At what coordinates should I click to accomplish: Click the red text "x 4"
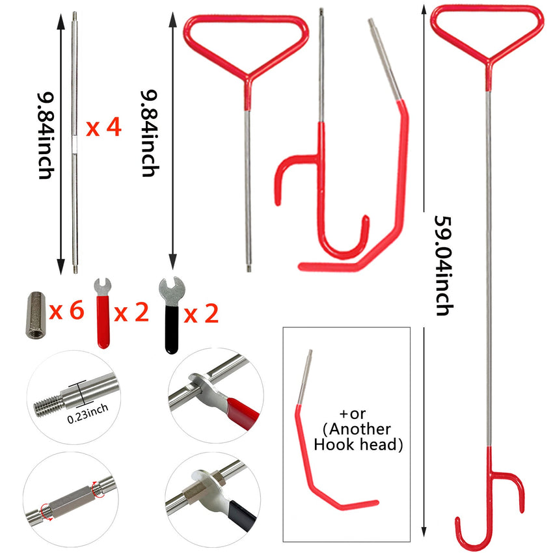click(x=104, y=128)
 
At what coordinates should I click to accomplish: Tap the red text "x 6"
click(x=67, y=312)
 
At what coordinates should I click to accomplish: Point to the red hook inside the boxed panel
click(x=325, y=468)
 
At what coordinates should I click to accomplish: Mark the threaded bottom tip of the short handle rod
click(x=249, y=266)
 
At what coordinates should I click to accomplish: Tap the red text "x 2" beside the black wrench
click(x=201, y=314)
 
